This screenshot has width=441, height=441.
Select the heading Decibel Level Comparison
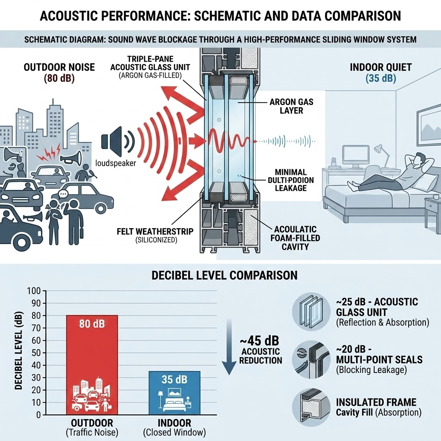224,275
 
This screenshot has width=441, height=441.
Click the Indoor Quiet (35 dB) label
380,72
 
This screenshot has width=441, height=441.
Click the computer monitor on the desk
355,154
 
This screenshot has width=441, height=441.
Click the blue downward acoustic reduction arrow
230,349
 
